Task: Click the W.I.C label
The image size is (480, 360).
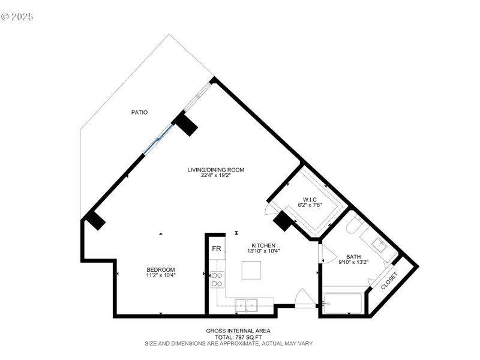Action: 310,199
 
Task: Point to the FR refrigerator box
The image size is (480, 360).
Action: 216,248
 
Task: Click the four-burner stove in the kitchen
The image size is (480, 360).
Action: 217,279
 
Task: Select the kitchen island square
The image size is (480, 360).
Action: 253,271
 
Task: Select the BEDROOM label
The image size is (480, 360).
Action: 161,269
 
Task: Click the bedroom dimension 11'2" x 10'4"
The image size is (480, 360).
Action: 161,275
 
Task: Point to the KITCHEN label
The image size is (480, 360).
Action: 263,245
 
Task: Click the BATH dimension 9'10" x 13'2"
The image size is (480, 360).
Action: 352,262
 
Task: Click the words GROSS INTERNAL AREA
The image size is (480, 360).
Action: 238,331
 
